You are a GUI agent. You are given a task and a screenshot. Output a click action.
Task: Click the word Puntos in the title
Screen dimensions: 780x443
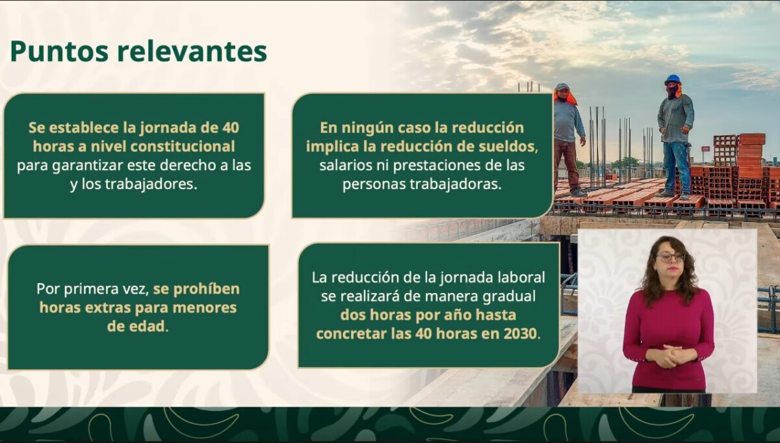click(59, 51)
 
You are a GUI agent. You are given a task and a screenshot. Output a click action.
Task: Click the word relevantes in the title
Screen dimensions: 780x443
click(192, 51)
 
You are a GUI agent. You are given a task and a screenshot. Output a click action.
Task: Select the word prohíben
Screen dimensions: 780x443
click(207, 289)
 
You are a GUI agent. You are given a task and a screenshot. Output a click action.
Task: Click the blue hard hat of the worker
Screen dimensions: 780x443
click(672, 79)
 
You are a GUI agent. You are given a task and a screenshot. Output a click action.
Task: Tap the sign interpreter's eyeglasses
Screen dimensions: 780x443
click(670, 257)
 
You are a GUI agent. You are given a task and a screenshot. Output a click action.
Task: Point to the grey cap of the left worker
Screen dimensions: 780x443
click(562, 86)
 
